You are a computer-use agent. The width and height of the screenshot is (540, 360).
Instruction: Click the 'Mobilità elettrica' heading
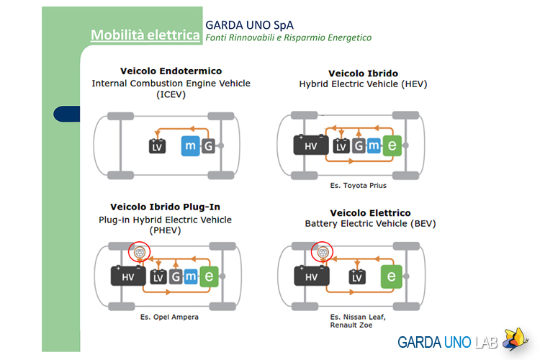pos(145,35)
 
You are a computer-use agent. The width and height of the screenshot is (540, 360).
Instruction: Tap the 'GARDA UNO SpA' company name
pos(249,25)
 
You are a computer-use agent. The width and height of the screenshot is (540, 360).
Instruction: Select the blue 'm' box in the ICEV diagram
pos(191,146)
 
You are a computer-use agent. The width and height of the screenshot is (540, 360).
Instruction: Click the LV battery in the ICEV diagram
pos(157,146)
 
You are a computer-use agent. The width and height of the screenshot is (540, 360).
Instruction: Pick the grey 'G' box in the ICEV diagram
pos(208,146)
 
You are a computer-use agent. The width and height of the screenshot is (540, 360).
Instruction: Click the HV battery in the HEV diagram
pos(310,145)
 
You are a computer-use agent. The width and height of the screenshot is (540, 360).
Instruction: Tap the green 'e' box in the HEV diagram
pos(392,145)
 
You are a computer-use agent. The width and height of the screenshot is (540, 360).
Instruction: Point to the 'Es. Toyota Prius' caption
pos(358,186)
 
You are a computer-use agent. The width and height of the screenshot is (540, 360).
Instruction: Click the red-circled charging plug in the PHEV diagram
pos(139,252)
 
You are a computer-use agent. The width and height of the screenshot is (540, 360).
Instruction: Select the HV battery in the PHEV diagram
pos(128,276)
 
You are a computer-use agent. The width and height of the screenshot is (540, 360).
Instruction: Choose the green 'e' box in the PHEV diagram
pos(209,276)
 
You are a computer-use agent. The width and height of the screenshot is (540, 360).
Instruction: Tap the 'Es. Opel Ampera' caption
pos(169,317)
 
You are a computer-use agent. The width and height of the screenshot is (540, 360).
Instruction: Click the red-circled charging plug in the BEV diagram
pos(322,252)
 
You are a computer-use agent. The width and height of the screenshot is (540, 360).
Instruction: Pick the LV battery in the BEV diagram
pos(357,277)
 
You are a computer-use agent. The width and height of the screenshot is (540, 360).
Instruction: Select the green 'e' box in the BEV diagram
pos(391,276)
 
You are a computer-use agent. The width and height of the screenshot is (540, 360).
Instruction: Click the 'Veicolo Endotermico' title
pos(171,71)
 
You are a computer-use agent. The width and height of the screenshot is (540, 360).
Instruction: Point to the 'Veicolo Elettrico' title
pos(370,213)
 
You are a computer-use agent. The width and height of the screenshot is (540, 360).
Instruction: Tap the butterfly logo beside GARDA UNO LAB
pos(516,339)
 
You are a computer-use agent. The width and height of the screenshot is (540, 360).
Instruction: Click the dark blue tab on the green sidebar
pos(67,114)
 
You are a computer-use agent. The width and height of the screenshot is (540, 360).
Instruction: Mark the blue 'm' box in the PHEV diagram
pos(191,276)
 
